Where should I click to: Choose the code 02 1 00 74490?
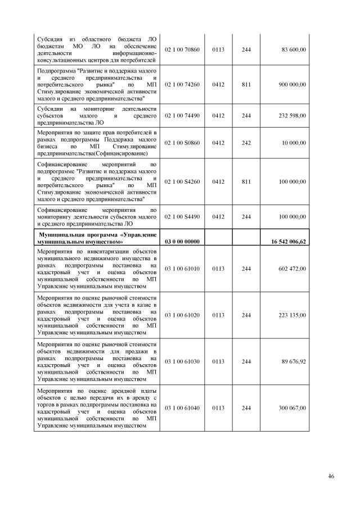coord(182,115)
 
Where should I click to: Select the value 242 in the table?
coord(246,143)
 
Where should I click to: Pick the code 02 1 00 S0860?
coord(182,143)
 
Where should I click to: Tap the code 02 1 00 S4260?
coord(182,182)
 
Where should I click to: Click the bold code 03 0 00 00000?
coord(182,241)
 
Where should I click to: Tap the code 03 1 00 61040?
coord(182,409)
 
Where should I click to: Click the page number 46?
coord(331,477)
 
